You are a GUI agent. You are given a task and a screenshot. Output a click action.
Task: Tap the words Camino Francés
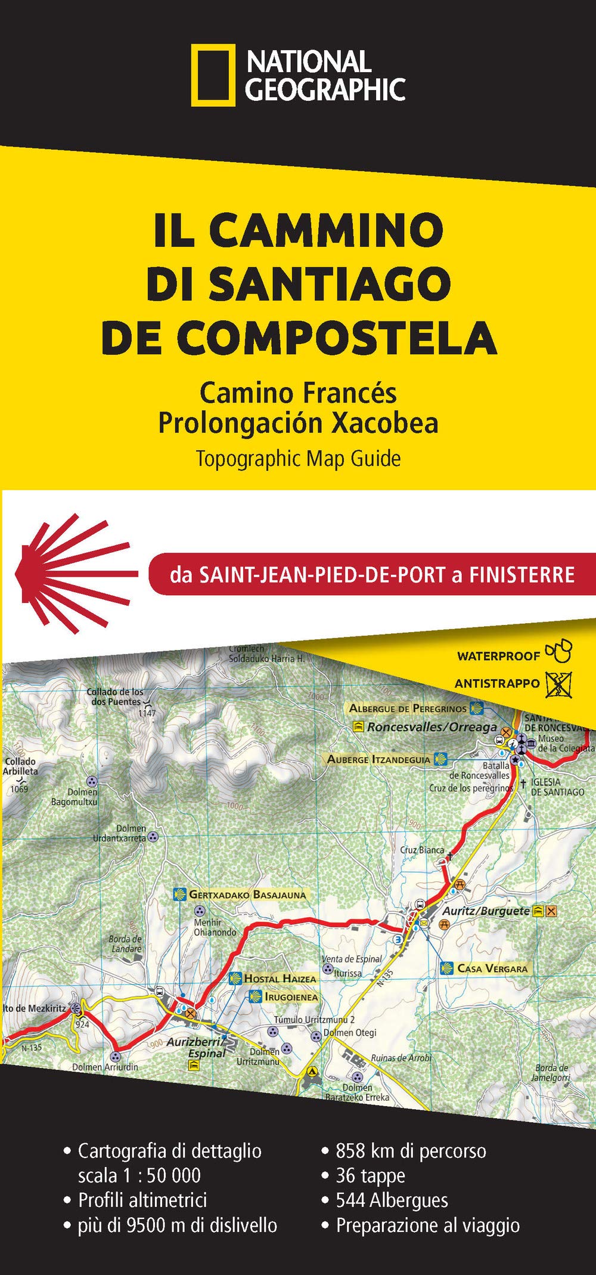298,392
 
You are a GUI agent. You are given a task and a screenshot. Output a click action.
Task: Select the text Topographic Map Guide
298,458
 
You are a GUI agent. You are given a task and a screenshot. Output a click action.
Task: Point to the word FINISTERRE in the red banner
521,574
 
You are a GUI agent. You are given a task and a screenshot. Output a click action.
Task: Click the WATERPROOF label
498,656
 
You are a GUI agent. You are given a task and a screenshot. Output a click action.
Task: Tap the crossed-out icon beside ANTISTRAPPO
560,683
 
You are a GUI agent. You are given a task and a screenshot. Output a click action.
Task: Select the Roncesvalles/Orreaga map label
432,727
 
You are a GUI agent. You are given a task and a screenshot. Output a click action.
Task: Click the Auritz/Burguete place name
485,911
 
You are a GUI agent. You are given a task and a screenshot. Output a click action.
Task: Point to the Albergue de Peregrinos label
408,708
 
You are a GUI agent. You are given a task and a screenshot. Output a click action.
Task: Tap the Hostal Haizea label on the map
280,979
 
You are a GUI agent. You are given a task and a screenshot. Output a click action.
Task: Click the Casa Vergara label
492,968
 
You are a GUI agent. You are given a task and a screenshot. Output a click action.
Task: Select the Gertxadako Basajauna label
247,895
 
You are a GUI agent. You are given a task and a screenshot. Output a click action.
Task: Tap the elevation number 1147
147,713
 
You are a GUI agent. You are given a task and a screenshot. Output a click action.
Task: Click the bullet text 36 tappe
370,1175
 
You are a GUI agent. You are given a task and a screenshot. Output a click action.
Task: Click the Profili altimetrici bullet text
142,1200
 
